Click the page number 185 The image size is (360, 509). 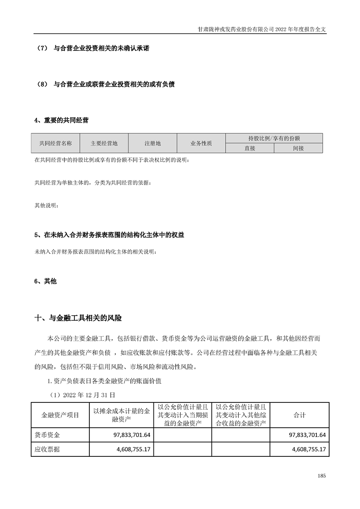[322, 476]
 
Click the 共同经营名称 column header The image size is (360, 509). [55, 143]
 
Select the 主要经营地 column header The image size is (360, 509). [104, 143]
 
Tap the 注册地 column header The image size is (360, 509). [153, 143]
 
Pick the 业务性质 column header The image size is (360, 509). [201, 143]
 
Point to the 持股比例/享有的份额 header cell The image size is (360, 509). [274, 138]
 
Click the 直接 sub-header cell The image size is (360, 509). [250, 148]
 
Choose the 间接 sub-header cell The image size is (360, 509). [298, 148]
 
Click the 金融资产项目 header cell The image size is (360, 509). [60, 415]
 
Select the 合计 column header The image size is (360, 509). [300, 415]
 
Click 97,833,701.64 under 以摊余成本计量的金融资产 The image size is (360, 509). [129, 435]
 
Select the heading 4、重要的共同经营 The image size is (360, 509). [61, 121]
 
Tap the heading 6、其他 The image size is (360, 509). [45, 281]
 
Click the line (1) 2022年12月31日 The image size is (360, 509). [81, 395]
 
